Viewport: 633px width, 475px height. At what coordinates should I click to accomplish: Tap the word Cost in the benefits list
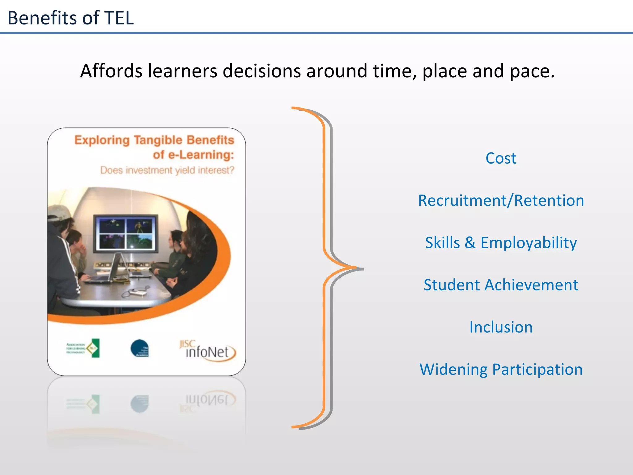(x=501, y=158)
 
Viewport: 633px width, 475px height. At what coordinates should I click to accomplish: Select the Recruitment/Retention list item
(x=501, y=200)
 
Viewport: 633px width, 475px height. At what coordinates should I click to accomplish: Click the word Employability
(x=529, y=243)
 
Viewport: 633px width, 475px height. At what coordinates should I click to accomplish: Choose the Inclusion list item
(x=501, y=327)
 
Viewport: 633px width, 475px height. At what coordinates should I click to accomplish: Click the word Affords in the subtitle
(x=111, y=71)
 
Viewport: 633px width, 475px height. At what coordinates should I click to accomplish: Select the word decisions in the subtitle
(x=261, y=71)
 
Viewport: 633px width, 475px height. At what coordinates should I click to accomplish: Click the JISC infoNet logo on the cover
(x=207, y=351)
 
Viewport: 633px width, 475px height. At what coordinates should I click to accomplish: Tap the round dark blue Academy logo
(x=139, y=348)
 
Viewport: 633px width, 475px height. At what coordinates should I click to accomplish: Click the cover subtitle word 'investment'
(x=149, y=170)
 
